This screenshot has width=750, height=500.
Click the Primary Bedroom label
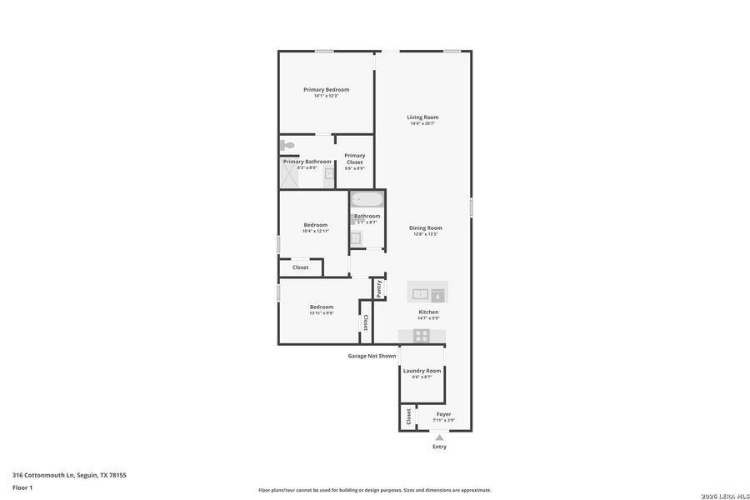coord(326,89)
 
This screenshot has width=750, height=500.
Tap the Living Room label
coord(422,117)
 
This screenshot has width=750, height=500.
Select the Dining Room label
coord(425,227)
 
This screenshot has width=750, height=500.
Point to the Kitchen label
coord(428,312)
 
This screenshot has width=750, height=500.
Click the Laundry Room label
coord(422,371)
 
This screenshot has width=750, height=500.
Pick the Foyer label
coord(443,414)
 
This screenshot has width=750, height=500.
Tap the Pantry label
coord(378,287)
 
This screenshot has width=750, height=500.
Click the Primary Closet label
coord(355,158)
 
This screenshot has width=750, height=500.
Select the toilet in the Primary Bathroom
coord(287,146)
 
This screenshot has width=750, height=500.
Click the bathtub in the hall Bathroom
coord(367,200)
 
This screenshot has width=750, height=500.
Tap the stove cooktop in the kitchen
coord(422,336)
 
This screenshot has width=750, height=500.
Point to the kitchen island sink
coord(420,293)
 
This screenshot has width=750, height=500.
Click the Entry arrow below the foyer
coord(439,437)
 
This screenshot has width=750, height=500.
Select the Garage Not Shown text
coord(372,356)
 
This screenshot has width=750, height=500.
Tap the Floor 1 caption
coord(22,487)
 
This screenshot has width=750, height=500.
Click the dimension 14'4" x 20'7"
coord(422,124)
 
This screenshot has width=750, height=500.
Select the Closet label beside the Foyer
coord(408,417)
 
